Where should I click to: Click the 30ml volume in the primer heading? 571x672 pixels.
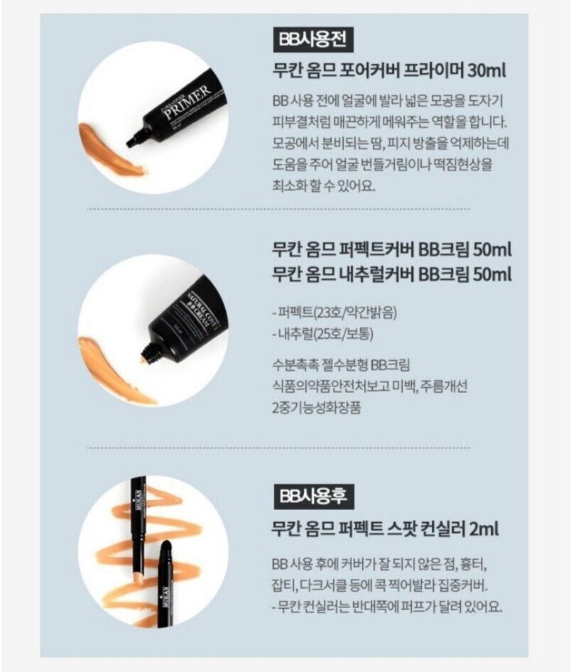(x=486, y=71)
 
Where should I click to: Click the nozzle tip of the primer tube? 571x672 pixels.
(x=132, y=142)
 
